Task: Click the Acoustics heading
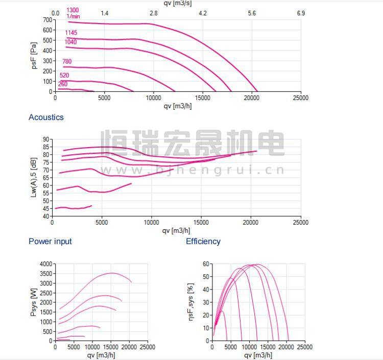[x=46, y=117]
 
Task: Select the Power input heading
[x=50, y=242]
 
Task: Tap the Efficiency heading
[x=203, y=242]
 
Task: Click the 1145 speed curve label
[x=71, y=33]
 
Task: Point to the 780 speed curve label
[x=67, y=62]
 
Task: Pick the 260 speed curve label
[x=62, y=84]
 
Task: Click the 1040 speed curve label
[x=71, y=42]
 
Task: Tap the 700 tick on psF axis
[x=47, y=20]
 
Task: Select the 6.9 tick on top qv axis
[x=301, y=13]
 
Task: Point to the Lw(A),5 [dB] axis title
[x=34, y=178]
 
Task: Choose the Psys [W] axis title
[x=34, y=302]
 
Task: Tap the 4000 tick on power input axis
[x=45, y=264]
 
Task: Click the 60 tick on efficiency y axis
[x=206, y=264]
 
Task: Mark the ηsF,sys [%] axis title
[x=192, y=302]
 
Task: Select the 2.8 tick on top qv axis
[x=153, y=13]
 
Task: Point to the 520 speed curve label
[x=64, y=76]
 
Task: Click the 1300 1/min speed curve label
[x=73, y=13]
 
